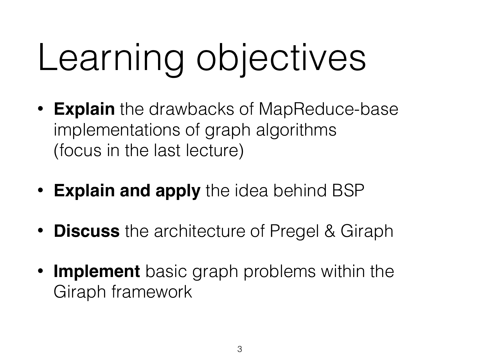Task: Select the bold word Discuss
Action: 87,231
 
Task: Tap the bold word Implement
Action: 96,272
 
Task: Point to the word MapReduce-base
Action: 328,109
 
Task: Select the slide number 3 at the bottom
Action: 240,350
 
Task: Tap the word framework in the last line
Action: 152,292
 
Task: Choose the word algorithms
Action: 296,130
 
